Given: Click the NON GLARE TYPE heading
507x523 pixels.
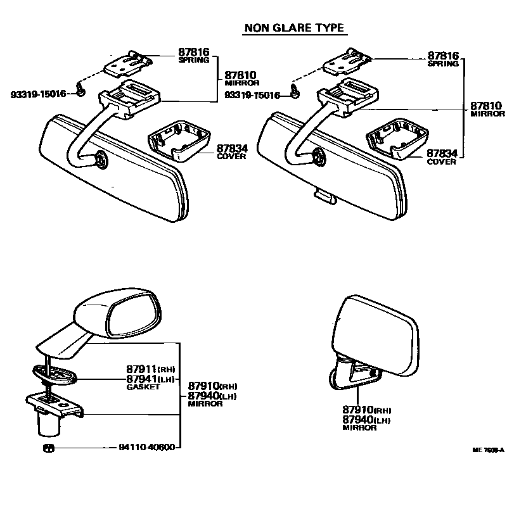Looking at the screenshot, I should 294,28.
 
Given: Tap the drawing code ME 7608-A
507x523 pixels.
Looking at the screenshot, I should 487,450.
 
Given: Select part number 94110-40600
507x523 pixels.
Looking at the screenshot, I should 146,447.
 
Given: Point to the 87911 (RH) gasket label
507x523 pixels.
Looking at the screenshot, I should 150,369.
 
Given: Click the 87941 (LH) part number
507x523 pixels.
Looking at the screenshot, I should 150,379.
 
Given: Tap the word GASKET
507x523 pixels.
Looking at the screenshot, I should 140,386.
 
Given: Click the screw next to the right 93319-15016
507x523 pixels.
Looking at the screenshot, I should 295,92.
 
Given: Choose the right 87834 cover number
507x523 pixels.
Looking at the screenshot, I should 442,153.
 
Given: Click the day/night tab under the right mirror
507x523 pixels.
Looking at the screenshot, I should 324,198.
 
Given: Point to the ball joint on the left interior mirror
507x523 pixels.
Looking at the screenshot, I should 100,161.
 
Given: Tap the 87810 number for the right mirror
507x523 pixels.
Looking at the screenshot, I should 485,106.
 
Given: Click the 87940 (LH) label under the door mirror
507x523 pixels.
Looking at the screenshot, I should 366,420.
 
